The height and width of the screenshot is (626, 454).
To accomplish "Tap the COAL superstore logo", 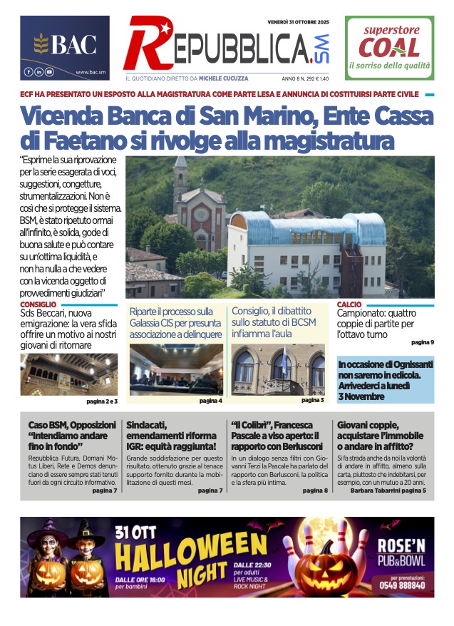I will coord(389,46).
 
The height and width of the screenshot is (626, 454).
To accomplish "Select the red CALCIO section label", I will coord(349,304).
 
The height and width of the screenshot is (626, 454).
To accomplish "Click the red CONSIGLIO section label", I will coord(38,304).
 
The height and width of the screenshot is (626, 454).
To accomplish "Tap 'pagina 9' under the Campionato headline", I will coord(422,342).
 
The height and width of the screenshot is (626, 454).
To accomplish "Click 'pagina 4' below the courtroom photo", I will coord(210,401).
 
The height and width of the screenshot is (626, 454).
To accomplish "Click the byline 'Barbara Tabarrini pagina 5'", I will coord(388,491).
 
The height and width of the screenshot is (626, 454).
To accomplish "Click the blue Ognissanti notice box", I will coord(385,380).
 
